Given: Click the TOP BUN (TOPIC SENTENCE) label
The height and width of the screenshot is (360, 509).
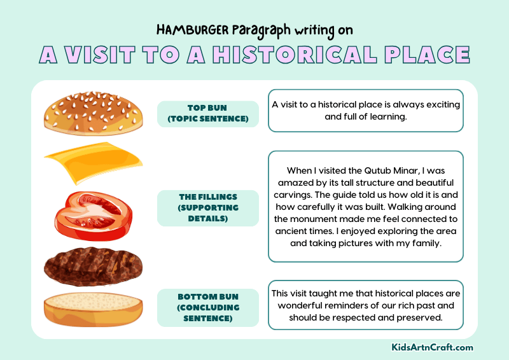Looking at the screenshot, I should (x=207, y=114).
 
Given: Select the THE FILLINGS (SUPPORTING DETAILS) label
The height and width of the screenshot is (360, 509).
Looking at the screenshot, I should (x=207, y=208).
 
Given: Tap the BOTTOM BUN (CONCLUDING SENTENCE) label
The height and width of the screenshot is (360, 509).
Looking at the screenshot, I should (x=207, y=308).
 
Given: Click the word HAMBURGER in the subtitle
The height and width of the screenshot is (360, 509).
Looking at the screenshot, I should (x=188, y=30).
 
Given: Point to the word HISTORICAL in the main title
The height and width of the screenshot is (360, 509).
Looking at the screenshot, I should (x=304, y=55).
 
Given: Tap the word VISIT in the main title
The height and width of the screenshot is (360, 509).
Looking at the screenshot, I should (x=108, y=55).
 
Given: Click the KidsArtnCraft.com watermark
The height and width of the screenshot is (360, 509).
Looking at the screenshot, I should (x=432, y=347).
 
